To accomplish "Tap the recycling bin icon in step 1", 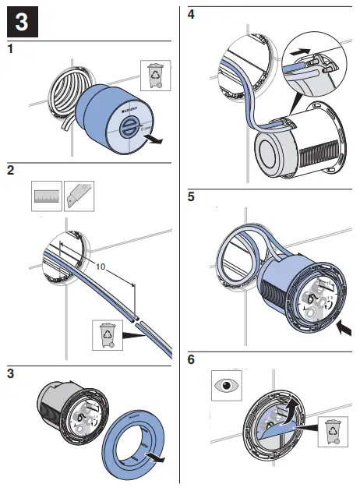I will (x=154, y=76).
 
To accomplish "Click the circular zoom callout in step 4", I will (x=313, y=61).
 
